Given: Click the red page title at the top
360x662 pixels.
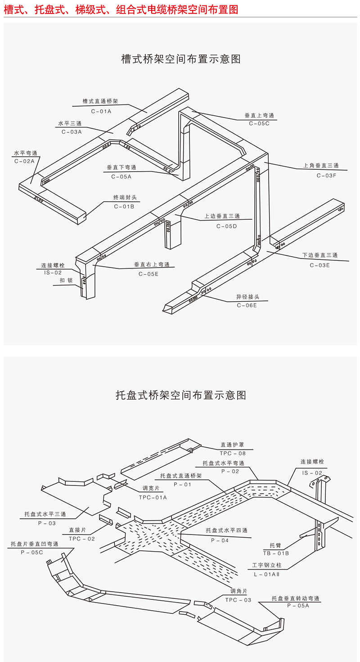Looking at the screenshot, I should coord(121,9).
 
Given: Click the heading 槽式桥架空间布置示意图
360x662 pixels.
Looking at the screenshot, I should coord(180,59).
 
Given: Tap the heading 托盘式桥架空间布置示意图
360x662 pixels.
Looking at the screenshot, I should coord(180,395).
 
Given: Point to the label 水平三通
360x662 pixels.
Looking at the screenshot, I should coord(70,123).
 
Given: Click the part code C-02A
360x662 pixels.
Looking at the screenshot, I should coord(24,161).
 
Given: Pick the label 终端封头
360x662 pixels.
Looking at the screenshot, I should coord(125,197).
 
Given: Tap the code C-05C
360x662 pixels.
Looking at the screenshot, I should coord(259,123).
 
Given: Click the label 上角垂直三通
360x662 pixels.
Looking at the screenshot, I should coord(321,166).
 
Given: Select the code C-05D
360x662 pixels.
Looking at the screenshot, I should coord(226,226).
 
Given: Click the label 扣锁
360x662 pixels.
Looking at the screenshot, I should coord(66,280).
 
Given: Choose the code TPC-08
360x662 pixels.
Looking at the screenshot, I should coord(233,453).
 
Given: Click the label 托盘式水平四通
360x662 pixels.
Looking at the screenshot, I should coord(226,531).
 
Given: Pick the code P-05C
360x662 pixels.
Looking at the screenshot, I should coord(31,552).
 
